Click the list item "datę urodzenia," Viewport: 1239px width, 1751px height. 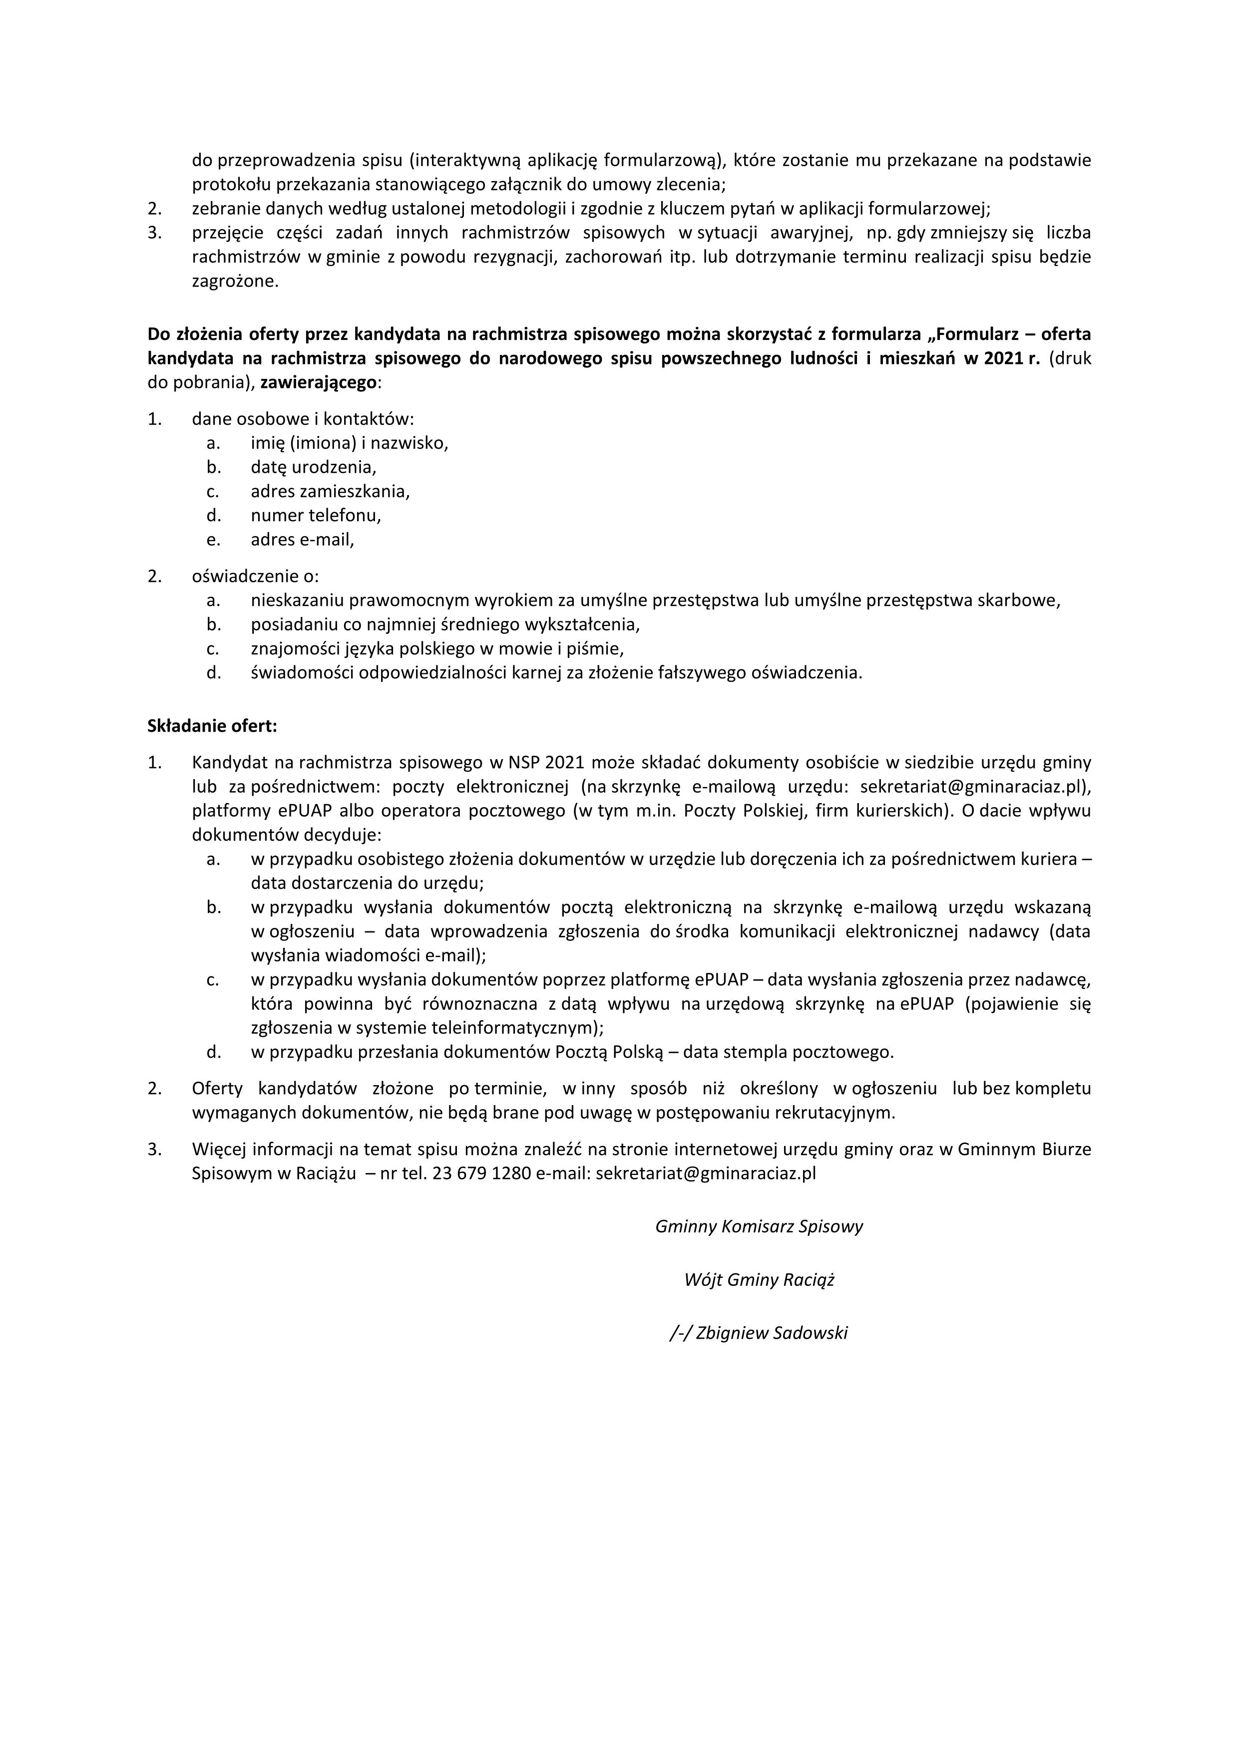click(314, 467)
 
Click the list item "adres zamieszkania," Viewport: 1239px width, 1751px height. click(330, 491)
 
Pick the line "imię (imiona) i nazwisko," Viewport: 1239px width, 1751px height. click(350, 442)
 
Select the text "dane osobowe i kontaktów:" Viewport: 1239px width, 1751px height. click(303, 419)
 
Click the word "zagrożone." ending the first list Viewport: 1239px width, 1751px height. click(235, 282)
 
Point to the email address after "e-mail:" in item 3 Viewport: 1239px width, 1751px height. click(706, 1173)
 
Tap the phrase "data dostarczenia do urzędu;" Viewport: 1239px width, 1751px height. click(368, 882)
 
